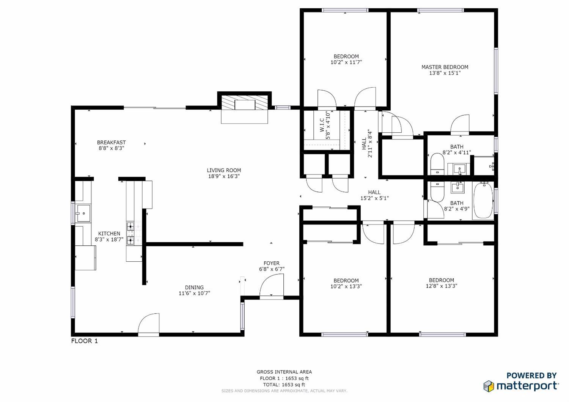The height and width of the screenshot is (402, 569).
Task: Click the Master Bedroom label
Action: (445, 67)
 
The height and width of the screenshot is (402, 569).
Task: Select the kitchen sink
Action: (83, 213)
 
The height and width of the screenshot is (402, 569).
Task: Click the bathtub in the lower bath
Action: (483, 201)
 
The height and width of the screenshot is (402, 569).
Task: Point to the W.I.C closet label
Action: (325, 129)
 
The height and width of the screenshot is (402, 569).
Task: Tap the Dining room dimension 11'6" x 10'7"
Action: (194, 293)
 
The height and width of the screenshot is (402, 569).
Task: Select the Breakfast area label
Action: (111, 143)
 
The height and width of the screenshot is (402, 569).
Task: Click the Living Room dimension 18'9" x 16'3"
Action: (224, 176)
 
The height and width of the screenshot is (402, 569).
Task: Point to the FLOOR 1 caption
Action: (85, 341)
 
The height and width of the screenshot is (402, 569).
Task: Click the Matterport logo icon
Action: (489, 386)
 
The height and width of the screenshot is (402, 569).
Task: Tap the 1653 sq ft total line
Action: (284, 385)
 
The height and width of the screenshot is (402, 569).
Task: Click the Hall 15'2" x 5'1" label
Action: (374, 195)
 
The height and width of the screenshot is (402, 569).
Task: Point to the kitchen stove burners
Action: (130, 233)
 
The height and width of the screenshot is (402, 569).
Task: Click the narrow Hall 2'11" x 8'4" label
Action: (367, 143)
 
